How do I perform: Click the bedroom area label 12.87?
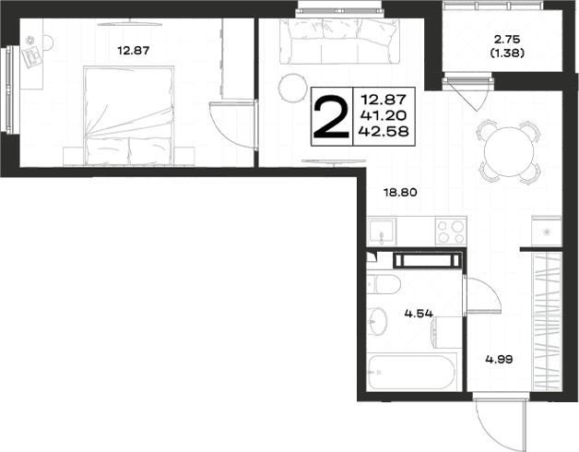134,50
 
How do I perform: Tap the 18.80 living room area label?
401,192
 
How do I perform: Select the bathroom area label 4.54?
419,314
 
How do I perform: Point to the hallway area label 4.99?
499,359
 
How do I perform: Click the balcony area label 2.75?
507,39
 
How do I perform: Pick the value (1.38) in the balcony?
507,54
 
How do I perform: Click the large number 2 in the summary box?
331,117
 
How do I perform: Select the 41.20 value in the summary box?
384,115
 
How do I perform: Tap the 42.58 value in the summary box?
384,131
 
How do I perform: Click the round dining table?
509,151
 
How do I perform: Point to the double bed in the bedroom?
129,115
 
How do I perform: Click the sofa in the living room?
339,41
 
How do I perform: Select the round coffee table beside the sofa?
293,88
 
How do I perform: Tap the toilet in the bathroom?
384,285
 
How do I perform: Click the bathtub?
413,372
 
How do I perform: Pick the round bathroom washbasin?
377,322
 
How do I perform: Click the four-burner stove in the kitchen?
451,232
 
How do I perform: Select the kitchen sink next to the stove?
382,232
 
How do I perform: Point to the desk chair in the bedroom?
48,42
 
